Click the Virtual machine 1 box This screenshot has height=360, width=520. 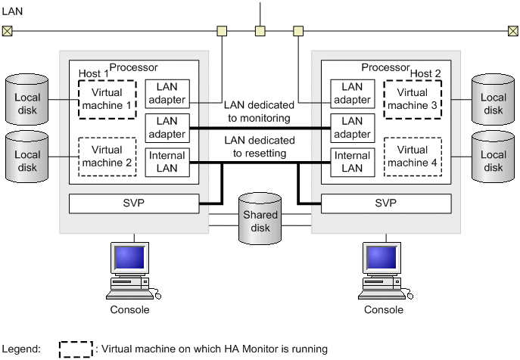[106, 98]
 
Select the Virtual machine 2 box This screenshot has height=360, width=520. [106, 157]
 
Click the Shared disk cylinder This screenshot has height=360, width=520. [260, 219]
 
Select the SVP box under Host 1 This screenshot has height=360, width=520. [134, 204]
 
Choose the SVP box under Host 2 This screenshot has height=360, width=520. [387, 204]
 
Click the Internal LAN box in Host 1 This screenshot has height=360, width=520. [167, 161]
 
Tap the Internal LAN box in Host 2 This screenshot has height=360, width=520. [352, 161]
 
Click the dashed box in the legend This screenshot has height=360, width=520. [76, 349]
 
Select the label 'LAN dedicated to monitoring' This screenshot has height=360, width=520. [259, 112]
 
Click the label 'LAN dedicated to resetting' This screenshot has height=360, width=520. [259, 147]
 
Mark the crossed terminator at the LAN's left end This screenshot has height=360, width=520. [7, 31]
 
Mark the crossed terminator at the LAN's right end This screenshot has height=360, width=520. [513, 31]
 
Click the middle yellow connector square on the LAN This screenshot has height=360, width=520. [260, 31]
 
